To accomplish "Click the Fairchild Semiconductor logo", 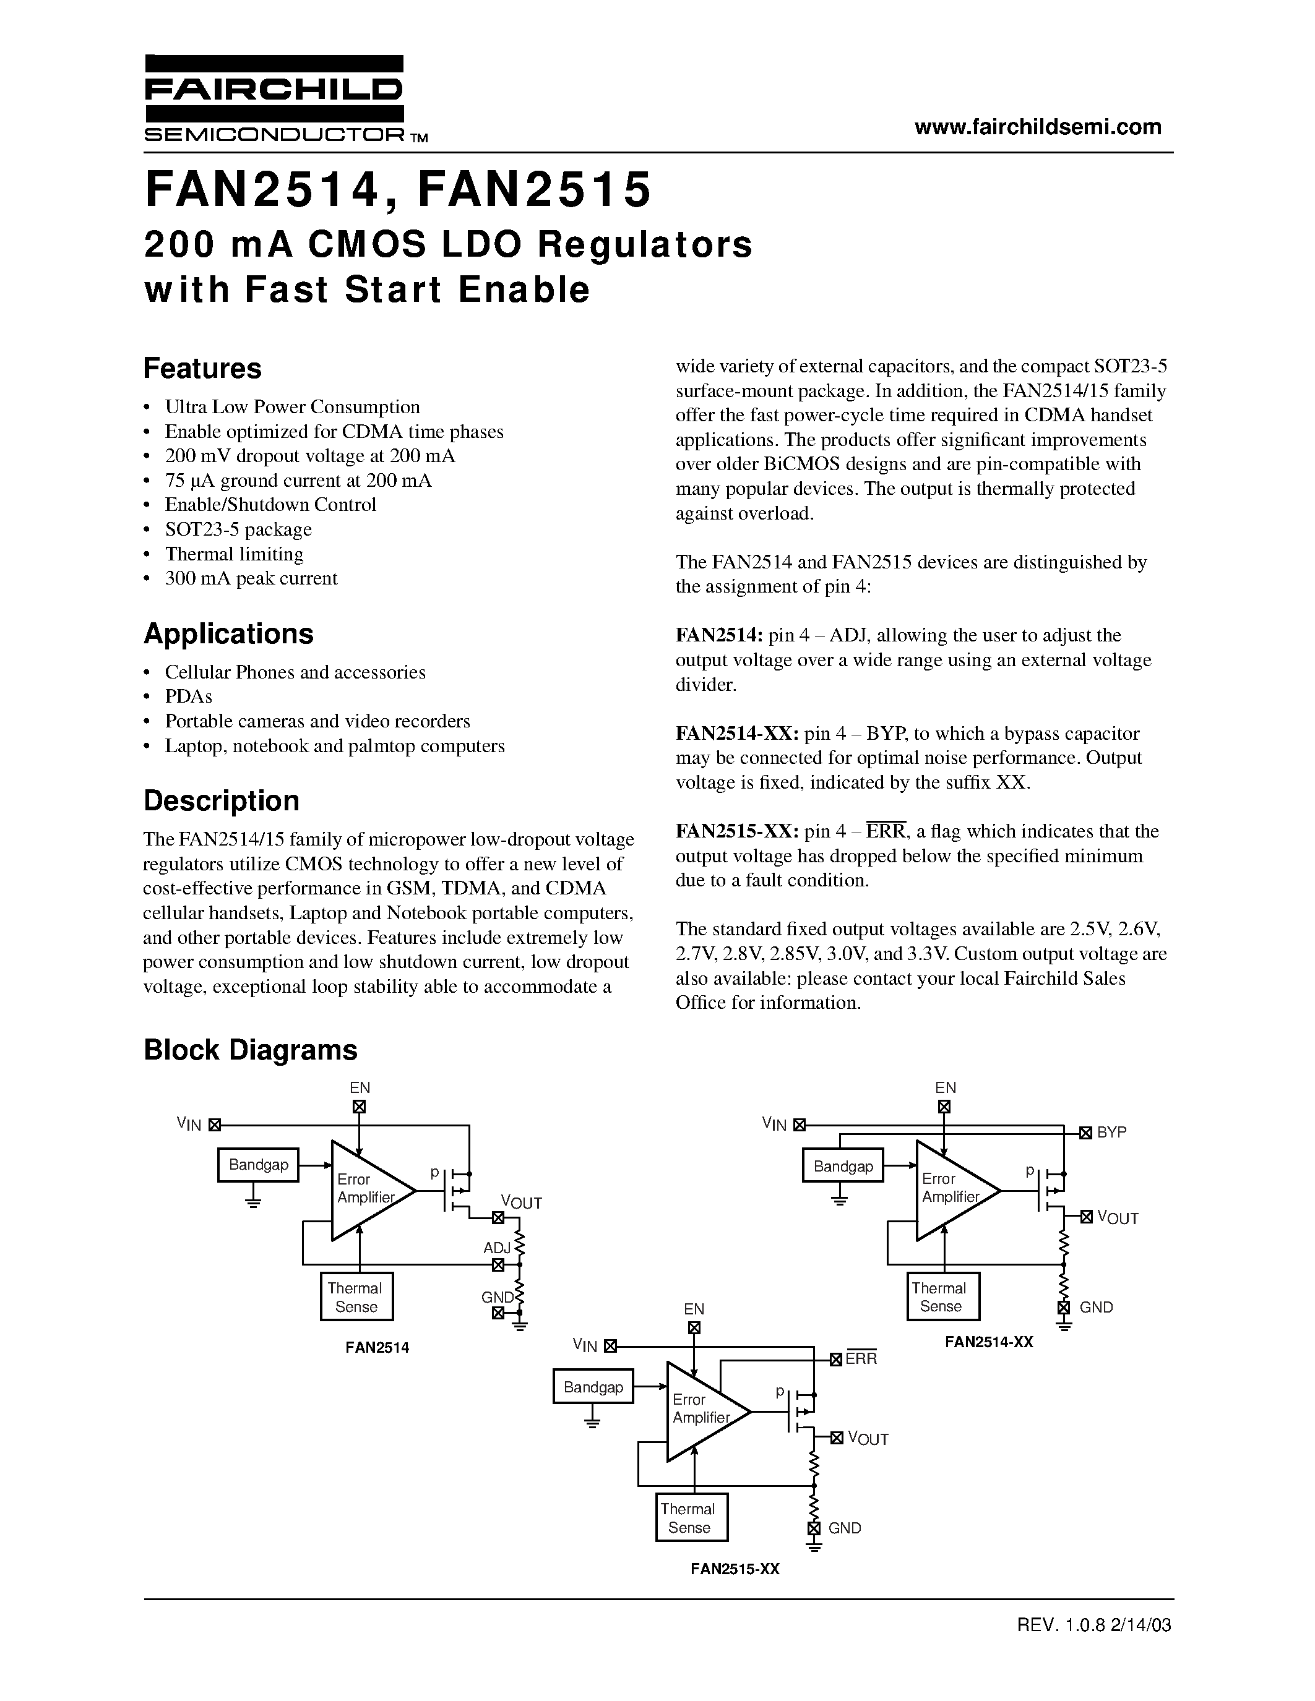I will (x=274, y=99).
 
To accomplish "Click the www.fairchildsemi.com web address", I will (x=1038, y=126).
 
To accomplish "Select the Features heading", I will (x=202, y=369).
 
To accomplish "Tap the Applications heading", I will (x=228, y=634).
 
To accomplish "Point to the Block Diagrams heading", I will (x=250, y=1050).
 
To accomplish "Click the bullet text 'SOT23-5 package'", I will (x=238, y=529).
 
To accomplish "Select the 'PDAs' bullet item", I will (x=189, y=696).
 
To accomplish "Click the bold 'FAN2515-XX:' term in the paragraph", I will (x=737, y=832).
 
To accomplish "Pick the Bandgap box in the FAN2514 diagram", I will (x=258, y=1165).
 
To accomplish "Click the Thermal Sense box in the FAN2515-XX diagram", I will (x=691, y=1518).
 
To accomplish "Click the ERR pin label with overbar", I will (x=861, y=1359).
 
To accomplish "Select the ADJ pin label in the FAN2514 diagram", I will (x=496, y=1248).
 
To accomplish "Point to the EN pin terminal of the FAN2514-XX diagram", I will (x=944, y=1106).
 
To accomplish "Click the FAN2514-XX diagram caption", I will (x=989, y=1342).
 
